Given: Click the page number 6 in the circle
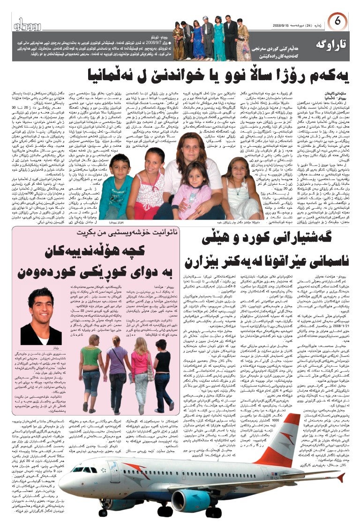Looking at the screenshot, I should (x=337, y=22).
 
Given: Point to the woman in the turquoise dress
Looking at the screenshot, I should (x=219, y=38).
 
